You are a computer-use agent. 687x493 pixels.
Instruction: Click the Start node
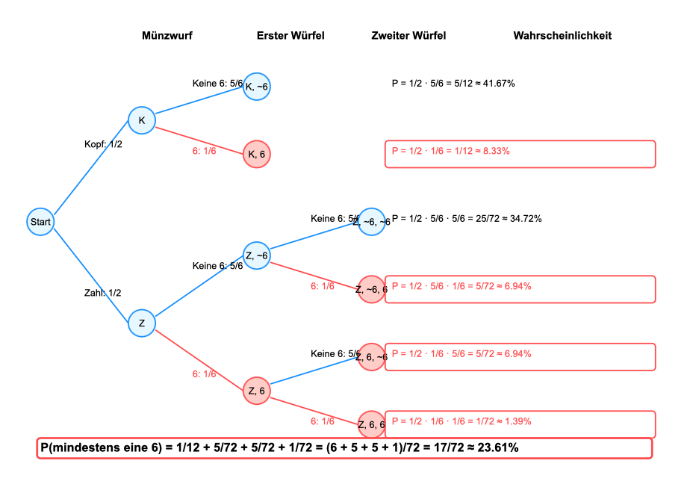40,222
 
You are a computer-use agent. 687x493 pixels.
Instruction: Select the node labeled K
141,120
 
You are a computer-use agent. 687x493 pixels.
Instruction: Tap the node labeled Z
141,323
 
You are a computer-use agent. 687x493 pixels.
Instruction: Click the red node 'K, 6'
257,154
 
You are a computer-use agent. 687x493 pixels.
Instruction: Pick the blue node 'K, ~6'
257,87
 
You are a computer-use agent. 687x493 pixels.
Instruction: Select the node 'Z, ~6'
257,255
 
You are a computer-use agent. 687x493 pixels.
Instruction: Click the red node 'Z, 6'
257,390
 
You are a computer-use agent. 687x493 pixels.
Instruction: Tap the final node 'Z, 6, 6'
371,424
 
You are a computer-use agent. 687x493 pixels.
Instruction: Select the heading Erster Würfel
290,36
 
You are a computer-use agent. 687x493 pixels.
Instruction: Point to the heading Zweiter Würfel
408,36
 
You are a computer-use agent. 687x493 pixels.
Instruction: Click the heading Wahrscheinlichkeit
562,36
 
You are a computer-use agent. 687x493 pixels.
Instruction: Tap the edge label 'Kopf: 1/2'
103,144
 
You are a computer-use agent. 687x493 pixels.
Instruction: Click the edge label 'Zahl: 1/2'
102,293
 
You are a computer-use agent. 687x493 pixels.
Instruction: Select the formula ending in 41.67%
453,83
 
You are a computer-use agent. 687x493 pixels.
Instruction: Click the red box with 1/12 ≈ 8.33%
520,154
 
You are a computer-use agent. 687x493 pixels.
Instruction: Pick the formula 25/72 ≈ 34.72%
466,219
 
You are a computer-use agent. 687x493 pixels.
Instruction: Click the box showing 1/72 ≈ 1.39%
520,424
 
